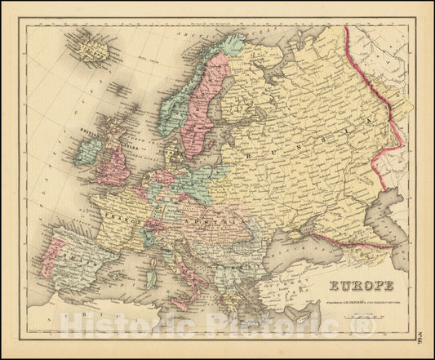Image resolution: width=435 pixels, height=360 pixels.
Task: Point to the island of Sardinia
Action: (x=151, y=274)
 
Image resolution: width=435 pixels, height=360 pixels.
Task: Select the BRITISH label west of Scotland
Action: (x=89, y=130)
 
